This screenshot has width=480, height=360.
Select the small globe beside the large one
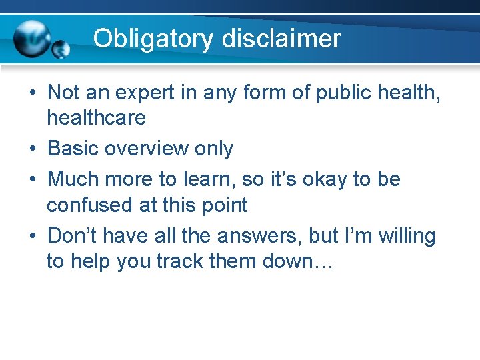(x=61, y=49)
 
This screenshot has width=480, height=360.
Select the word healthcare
(x=96, y=119)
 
